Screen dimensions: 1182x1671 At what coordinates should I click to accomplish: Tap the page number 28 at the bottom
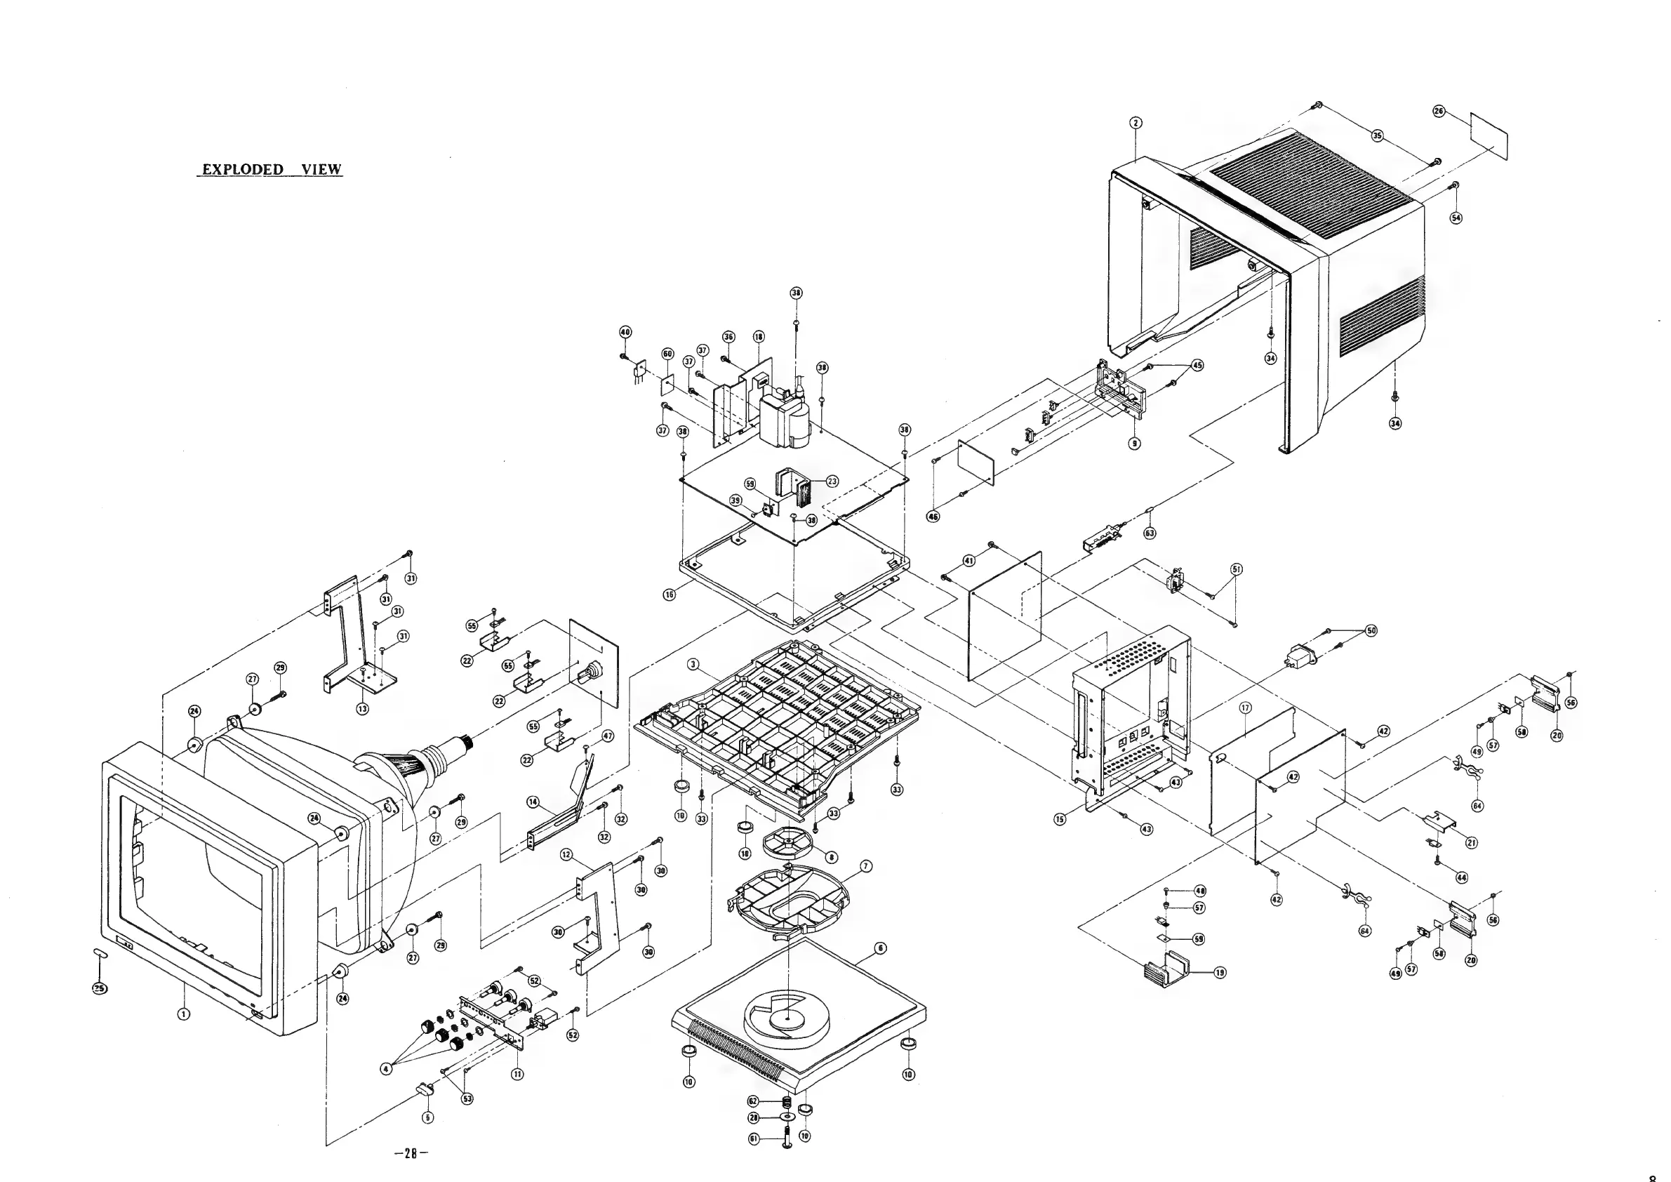pos(411,1153)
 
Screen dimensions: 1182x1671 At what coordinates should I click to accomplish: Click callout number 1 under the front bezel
pos(184,1013)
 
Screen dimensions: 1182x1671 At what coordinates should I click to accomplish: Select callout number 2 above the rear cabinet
pos(1136,123)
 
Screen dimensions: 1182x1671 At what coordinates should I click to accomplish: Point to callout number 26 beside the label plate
pos(1438,112)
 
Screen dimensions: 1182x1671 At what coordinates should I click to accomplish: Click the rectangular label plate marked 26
pos(1489,136)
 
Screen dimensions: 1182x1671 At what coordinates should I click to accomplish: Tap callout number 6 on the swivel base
pos(881,948)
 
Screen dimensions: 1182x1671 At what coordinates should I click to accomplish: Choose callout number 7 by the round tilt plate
pos(866,866)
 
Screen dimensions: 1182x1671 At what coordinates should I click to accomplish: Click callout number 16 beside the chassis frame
pos(669,595)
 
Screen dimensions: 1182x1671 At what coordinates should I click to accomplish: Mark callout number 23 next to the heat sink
pos(832,481)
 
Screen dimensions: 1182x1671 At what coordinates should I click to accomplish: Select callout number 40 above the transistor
pos(625,332)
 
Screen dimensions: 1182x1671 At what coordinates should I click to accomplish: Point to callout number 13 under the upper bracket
pos(362,708)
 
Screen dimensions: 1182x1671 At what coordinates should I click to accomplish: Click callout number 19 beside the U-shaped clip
pos(1220,972)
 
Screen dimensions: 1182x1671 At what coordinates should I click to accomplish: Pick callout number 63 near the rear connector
pos(1150,533)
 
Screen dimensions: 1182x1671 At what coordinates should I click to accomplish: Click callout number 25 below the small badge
pos(100,987)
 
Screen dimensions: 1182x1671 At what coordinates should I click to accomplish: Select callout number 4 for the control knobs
pos(387,1068)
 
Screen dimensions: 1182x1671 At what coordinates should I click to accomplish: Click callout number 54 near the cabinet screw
pos(1456,218)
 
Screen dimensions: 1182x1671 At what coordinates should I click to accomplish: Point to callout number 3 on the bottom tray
pos(693,665)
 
